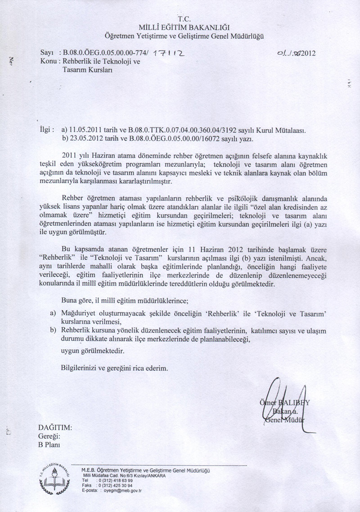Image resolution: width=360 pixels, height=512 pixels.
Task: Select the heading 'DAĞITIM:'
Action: point(55,428)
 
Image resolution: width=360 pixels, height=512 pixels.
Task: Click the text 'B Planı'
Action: point(49,445)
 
